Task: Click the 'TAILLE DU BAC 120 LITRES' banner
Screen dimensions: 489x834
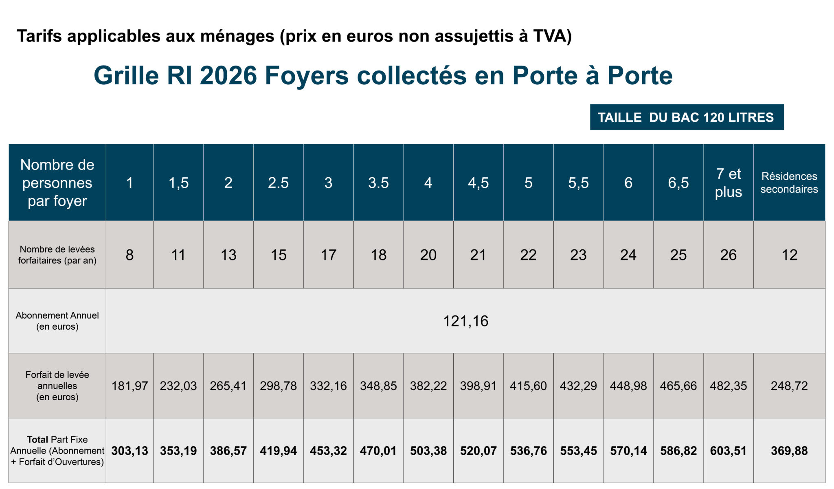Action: click(x=686, y=117)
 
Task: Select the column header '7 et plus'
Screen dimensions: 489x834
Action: click(x=728, y=183)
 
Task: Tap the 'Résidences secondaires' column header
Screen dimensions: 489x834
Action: click(x=789, y=183)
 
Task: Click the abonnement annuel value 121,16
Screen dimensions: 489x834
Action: click(x=465, y=321)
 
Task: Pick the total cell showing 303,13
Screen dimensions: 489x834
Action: click(x=129, y=451)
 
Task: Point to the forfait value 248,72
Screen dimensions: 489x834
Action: click(x=789, y=385)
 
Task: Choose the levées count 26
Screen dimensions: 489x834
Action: click(x=728, y=255)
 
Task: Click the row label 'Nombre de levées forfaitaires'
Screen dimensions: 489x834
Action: click(x=57, y=255)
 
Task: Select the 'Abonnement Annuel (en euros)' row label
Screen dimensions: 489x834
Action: click(x=57, y=321)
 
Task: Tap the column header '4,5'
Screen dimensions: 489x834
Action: click(x=478, y=183)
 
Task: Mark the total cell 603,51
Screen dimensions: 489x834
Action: click(x=728, y=451)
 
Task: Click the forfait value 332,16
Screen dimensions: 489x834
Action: click(x=328, y=385)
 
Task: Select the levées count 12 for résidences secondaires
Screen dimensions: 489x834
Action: click(x=789, y=255)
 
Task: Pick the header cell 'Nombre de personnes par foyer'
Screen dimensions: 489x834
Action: click(x=57, y=183)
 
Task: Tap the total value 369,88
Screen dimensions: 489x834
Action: click(x=789, y=451)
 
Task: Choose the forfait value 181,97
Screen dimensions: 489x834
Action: click(x=129, y=385)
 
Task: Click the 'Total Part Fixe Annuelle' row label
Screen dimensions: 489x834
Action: click(x=57, y=450)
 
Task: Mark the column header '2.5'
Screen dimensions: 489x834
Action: click(x=278, y=183)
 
